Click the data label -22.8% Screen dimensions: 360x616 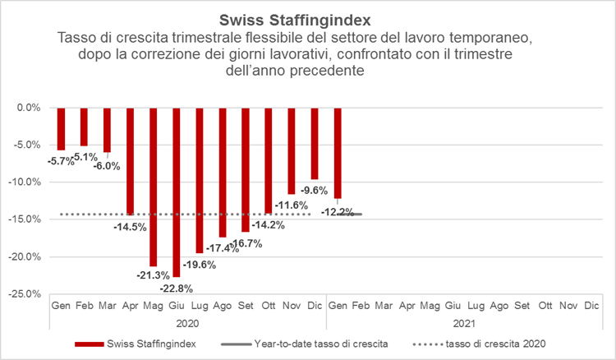pos(176,288)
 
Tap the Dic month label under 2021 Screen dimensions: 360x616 pos(591,306)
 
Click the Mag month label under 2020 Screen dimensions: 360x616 pos(153,306)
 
